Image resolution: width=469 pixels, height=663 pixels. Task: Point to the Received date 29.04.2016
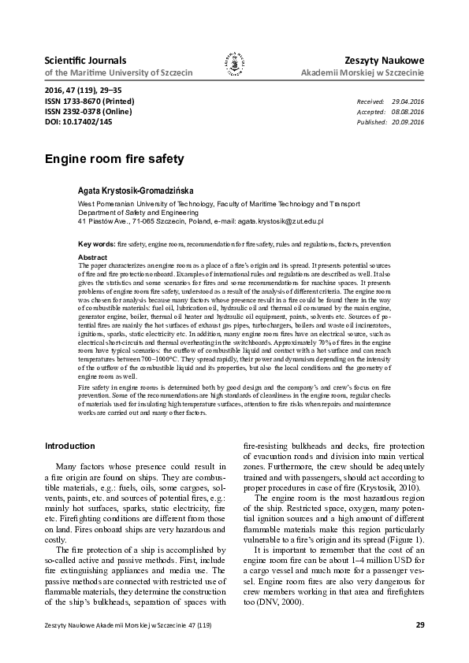[x=408, y=102]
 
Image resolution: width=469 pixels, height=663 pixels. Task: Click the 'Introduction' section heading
[x=70, y=446]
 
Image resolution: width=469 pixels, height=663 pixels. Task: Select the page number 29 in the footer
[x=419, y=625]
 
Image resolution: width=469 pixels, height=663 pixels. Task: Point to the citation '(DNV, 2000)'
[x=287, y=601]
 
